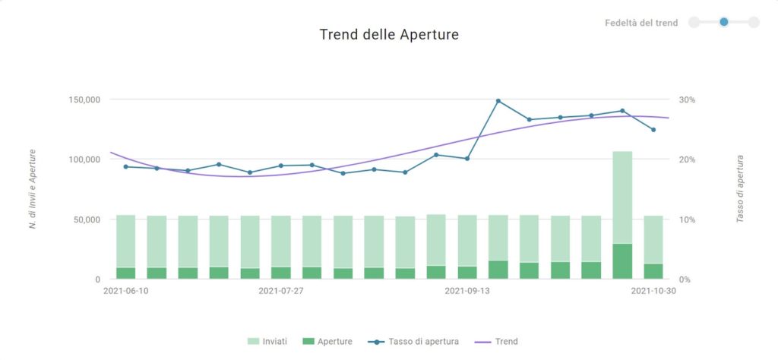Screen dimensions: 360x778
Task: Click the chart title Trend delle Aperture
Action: pos(389,34)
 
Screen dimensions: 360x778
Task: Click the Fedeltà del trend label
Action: pos(641,23)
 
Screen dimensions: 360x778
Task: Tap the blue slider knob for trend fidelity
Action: pos(724,22)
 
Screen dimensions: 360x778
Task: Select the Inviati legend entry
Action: pos(267,342)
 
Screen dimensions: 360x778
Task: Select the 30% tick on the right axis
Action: pos(687,99)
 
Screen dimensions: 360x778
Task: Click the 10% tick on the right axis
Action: pos(687,219)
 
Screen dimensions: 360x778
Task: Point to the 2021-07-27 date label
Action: pos(281,291)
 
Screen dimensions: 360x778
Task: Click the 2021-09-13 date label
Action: pos(466,291)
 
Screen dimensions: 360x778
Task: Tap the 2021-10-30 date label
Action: pos(653,291)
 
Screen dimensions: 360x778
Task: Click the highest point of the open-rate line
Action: pos(498,101)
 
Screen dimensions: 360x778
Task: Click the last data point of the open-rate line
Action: pos(653,130)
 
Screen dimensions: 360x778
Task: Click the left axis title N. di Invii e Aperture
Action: pos(33,189)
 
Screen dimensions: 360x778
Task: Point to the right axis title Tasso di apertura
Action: pos(740,189)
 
